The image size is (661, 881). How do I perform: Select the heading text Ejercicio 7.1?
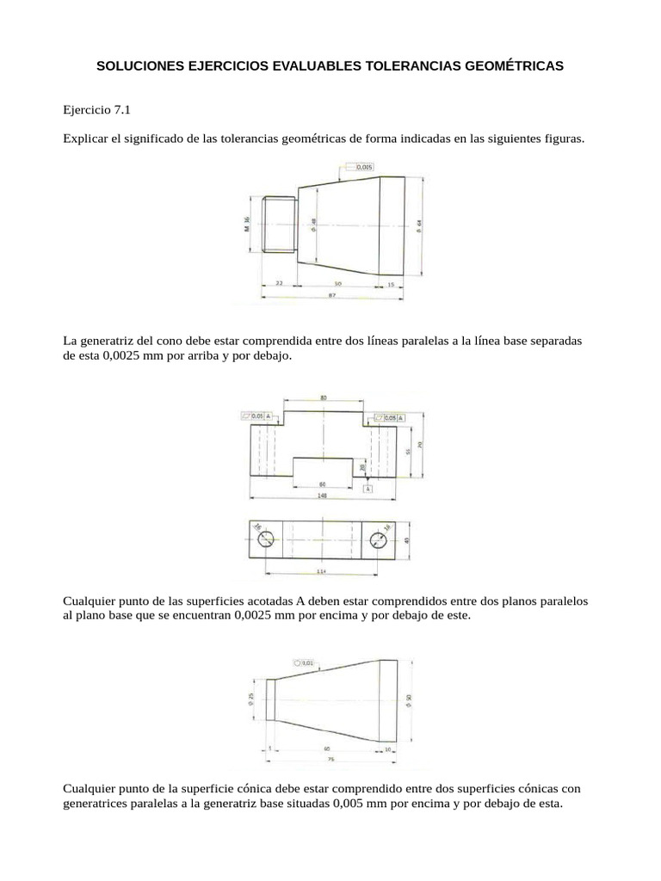(x=95, y=110)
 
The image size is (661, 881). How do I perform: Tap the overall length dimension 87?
(x=330, y=295)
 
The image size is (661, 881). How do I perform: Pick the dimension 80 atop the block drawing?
(x=324, y=398)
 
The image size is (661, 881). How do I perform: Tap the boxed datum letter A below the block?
(x=368, y=488)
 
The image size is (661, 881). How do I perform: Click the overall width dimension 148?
(x=323, y=496)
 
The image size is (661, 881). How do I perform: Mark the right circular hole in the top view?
(x=379, y=539)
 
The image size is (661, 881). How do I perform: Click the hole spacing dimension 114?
(x=323, y=571)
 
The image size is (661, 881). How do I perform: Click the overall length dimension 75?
(x=330, y=761)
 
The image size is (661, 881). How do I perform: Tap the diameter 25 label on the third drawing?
(x=250, y=699)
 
